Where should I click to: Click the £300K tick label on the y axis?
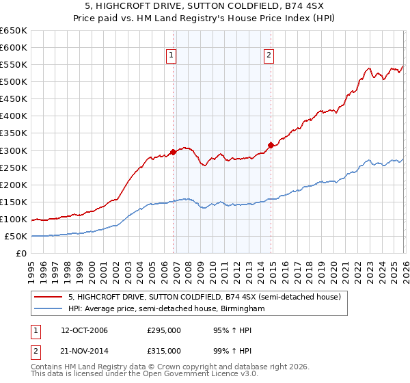click(14, 150)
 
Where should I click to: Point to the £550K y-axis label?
click(14, 65)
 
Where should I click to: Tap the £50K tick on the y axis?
click(16, 237)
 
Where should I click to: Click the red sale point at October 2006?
click(173, 152)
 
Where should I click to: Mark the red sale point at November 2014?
click(271, 145)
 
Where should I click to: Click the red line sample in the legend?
click(49, 297)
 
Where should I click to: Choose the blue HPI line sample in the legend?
click(49, 309)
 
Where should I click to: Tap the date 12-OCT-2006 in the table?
click(84, 330)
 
